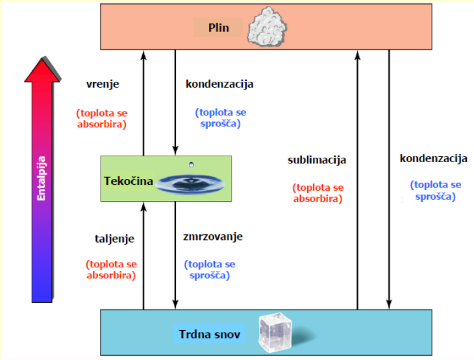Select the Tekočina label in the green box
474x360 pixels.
pos(128,181)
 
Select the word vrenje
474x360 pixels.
pos(103,84)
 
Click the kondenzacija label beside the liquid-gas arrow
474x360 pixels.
pos(219,84)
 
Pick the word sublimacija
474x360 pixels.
pos(317,160)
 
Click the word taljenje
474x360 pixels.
pos(114,238)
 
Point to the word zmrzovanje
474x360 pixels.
pos(213,237)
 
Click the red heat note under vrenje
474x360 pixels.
pos(101,118)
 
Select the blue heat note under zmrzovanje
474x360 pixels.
pos(210,269)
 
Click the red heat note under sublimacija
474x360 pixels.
pos(318,193)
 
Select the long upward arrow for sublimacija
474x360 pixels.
pos(357,182)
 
